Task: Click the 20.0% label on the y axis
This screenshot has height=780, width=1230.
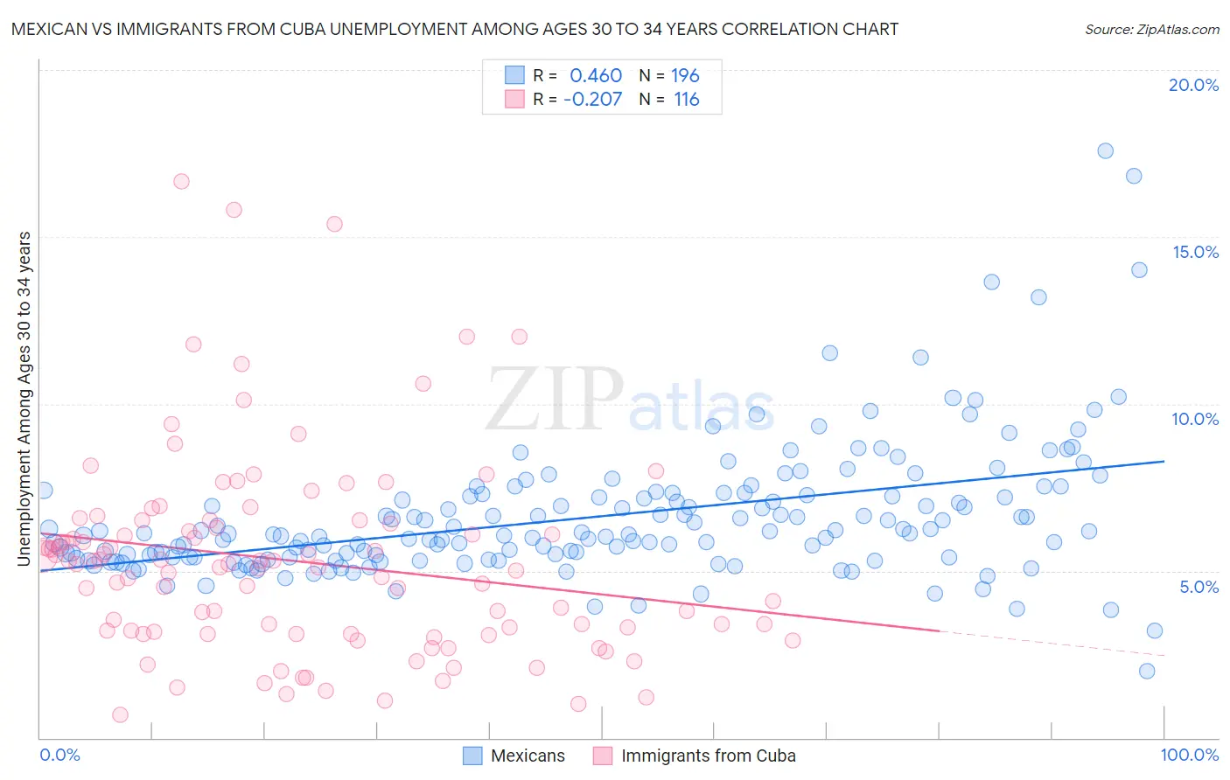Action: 1193,85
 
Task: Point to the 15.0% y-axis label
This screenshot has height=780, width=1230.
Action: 1195,252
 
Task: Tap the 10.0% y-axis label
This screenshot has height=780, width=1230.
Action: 1195,419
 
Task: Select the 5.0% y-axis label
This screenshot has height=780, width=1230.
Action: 1199,587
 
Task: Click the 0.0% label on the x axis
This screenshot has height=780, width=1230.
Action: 60,755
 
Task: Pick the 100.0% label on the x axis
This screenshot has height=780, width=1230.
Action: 1190,755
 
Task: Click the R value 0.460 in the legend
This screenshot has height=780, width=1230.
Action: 596,76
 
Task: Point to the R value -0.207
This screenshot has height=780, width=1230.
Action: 592,99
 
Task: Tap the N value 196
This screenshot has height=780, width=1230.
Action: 685,76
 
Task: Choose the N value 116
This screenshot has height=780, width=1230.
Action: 687,99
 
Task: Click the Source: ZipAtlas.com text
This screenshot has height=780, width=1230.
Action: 1151,30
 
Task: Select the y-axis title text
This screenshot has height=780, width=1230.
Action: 24,399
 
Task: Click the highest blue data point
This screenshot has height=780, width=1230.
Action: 1105,150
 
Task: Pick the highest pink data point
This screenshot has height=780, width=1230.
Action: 181,181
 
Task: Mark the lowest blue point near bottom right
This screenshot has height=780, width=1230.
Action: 1147,671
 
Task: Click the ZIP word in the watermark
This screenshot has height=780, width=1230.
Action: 555,400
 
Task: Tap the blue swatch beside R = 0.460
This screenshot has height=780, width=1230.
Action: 514,76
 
